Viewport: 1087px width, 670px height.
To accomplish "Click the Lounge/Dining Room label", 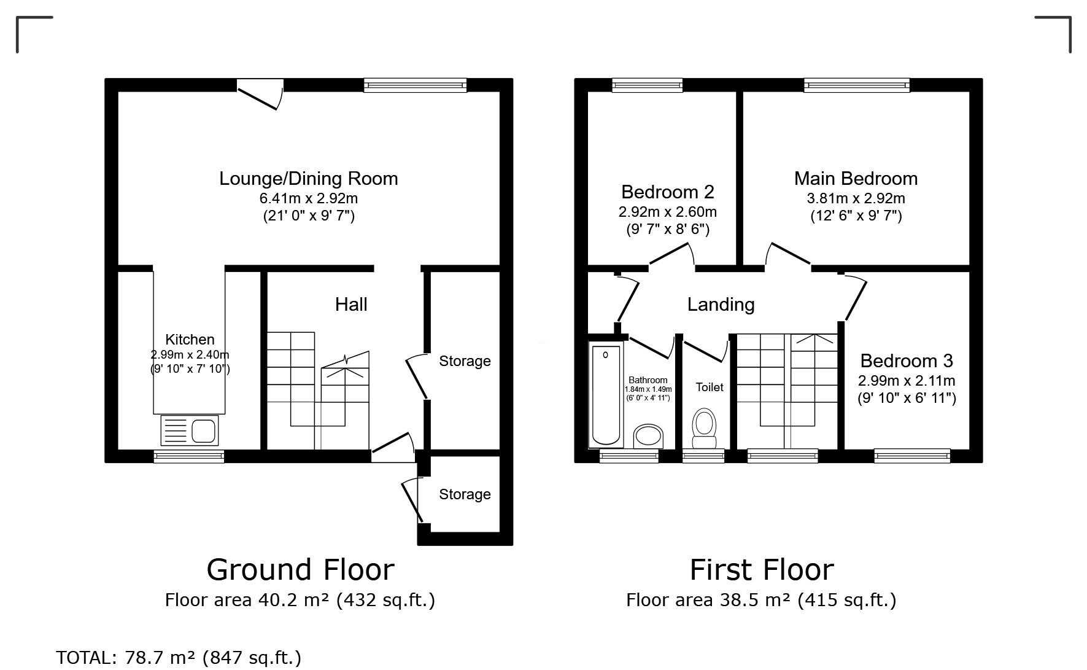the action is pos(309,179).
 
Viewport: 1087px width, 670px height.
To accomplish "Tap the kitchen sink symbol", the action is pos(190,430).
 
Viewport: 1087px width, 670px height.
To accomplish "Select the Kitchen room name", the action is pos(190,340).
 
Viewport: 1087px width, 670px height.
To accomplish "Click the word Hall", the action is pos(351,304).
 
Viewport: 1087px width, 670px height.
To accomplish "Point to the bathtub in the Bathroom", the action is pos(606,395).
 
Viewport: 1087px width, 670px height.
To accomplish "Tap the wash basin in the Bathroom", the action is pos(649,436).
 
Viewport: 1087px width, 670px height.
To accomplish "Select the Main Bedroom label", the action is pos(856,179).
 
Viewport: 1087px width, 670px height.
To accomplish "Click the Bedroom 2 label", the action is pos(668,192).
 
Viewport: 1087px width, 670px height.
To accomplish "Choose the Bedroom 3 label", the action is pos(907,360).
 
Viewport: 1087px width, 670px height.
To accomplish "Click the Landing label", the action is pos(721,305).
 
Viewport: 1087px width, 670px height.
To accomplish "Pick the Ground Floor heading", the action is pos(300,569).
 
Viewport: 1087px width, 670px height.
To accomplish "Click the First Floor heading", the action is pos(762,569).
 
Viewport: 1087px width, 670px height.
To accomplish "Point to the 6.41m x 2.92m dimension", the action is pos(309,198).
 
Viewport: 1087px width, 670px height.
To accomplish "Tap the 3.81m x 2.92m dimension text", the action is pos(856,198).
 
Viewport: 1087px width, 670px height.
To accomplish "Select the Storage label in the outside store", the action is pos(465,494).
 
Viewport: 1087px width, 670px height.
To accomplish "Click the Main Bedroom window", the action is pos(857,85).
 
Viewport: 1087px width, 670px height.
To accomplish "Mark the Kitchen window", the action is pos(189,456).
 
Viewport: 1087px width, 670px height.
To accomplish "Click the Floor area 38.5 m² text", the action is pos(708,600).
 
